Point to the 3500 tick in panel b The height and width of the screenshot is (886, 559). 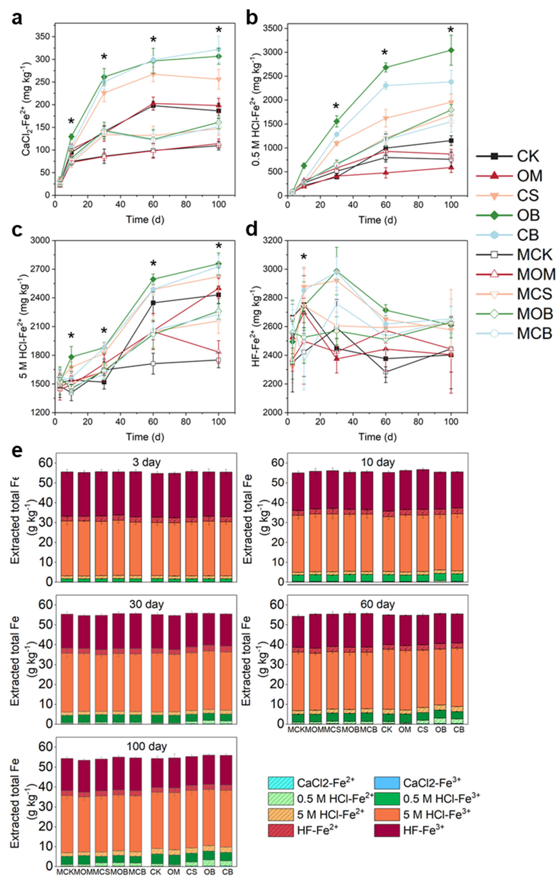(273, 28)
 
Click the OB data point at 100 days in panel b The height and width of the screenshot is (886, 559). (451, 50)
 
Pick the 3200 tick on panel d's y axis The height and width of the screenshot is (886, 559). (273, 240)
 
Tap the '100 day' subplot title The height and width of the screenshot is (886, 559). (146, 747)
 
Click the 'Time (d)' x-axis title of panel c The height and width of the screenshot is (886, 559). (145, 437)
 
